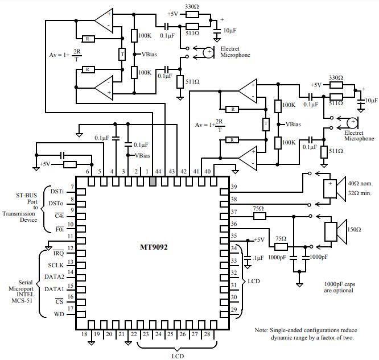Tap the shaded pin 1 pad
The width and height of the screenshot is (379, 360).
coord(153,181)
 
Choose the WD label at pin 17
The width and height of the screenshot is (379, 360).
coord(59,314)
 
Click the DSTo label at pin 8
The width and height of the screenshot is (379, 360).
coord(56,203)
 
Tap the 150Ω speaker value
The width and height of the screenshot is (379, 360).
coord(353,229)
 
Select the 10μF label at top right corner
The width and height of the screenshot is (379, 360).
coord(371,100)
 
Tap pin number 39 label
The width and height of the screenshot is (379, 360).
coord(233,187)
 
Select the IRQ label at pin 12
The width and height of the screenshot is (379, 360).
coord(59,251)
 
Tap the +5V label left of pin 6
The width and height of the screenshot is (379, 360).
coord(45,164)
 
